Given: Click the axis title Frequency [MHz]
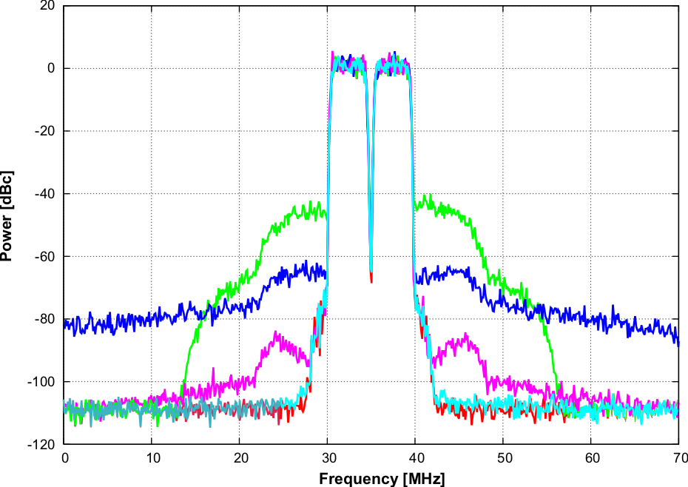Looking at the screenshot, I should pyautogui.click(x=382, y=479).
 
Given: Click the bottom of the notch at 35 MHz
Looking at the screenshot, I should pyautogui.click(x=371, y=280).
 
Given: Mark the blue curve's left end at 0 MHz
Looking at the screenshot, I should pyautogui.click(x=66, y=323).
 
